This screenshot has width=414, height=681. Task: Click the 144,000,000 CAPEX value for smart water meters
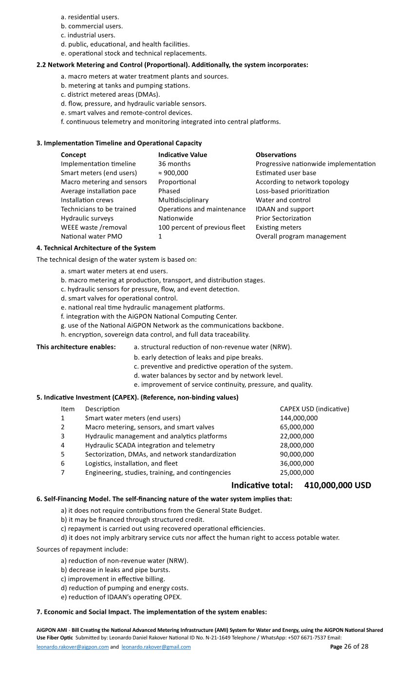pyautogui.click(x=299, y=418)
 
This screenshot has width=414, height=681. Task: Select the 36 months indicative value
pyautogui.click(x=174, y=164)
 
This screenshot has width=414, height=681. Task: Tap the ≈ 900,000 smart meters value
pyautogui.click(x=173, y=173)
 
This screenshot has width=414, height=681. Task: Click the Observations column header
pyautogui.click(x=276, y=155)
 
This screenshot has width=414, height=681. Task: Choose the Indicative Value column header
pyautogui.click(x=183, y=155)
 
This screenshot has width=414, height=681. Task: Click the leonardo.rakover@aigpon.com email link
pyautogui.click(x=73, y=647)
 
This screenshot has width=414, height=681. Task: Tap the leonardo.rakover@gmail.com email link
pyautogui.click(x=156, y=647)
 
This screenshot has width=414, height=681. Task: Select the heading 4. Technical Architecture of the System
pyautogui.click(x=96, y=248)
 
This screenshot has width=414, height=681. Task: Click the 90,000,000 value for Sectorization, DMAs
pyautogui.click(x=297, y=454)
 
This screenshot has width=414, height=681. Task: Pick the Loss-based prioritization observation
pyautogui.click(x=292, y=191)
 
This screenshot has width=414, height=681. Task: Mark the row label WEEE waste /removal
pyautogui.click(x=94, y=227)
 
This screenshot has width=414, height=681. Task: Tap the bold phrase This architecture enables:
pyautogui.click(x=76, y=347)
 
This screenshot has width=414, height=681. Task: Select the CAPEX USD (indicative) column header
pyautogui.click(x=314, y=409)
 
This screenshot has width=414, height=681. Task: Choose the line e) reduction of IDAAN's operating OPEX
pyautogui.click(x=121, y=597)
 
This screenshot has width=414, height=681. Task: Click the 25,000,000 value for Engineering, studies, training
pyautogui.click(x=297, y=472)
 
